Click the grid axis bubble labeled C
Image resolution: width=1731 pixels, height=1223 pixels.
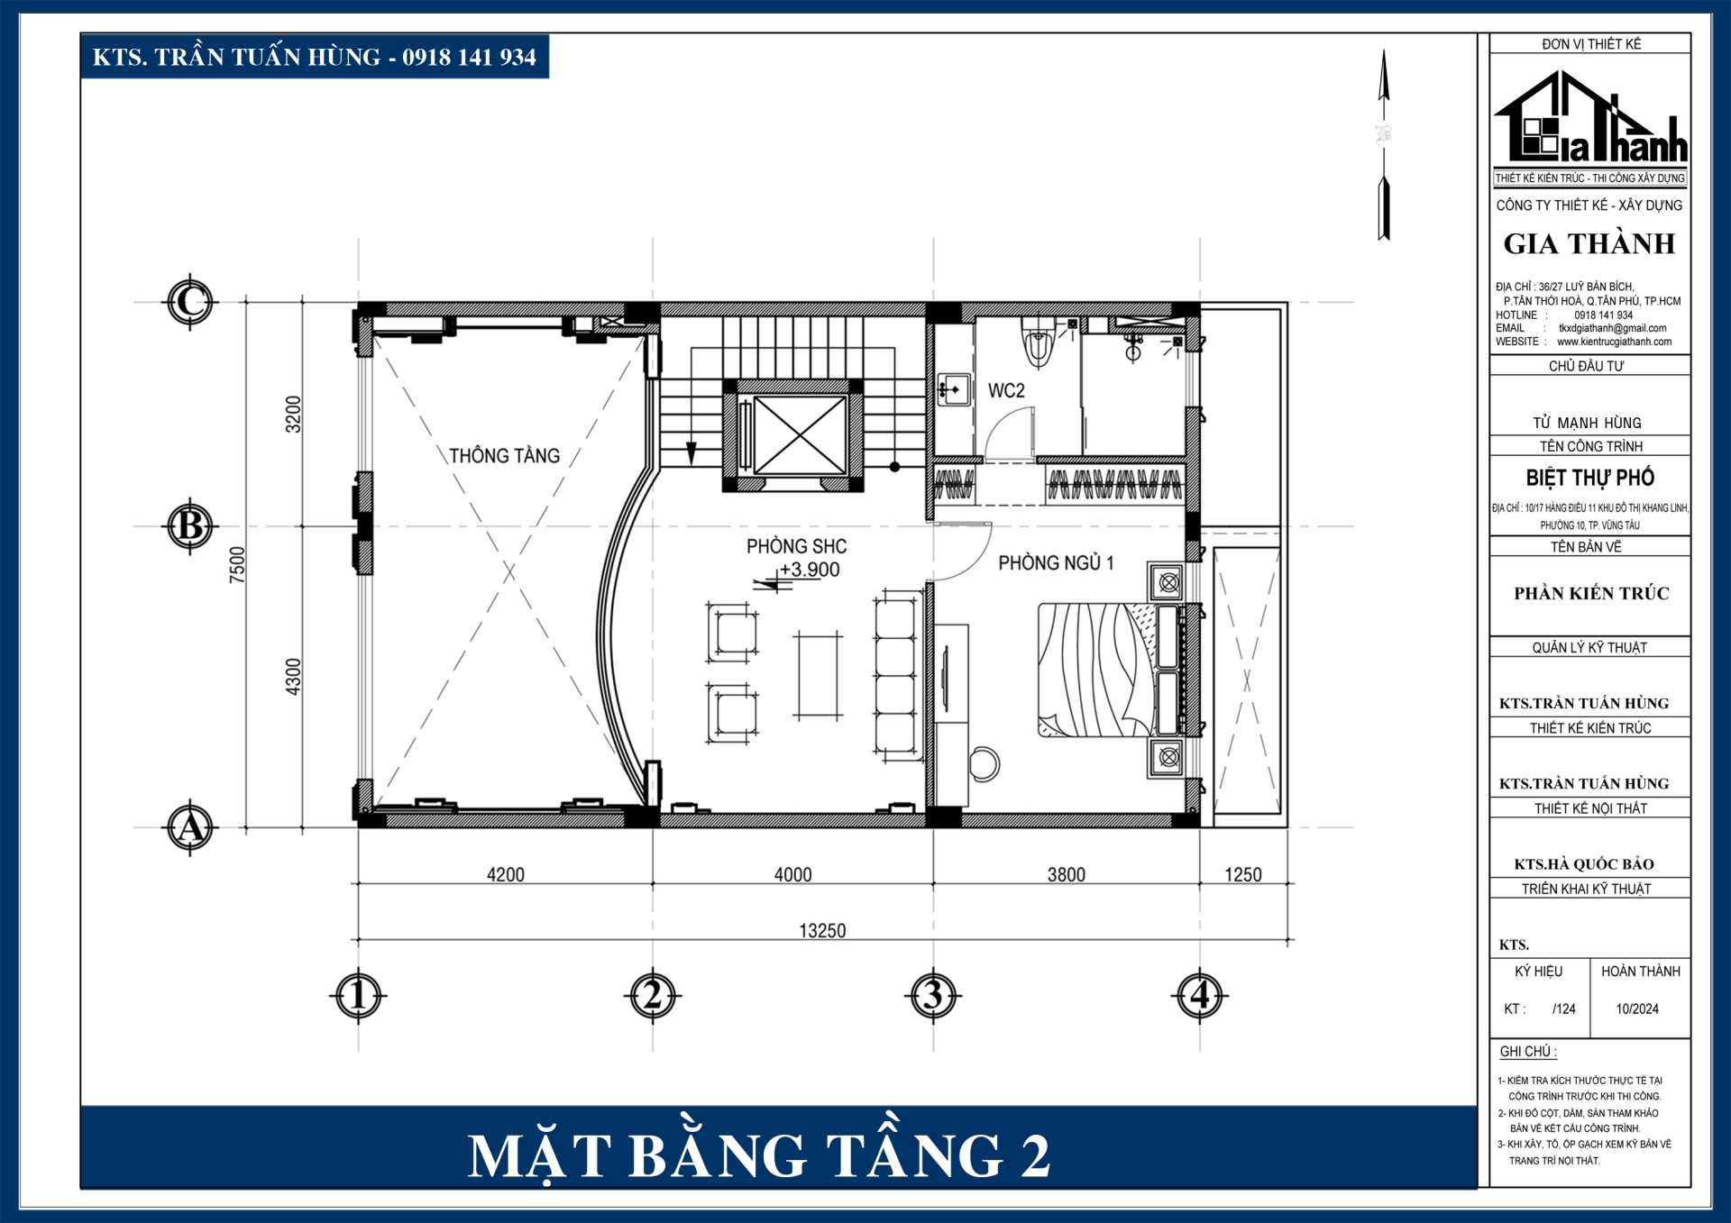[x=189, y=302]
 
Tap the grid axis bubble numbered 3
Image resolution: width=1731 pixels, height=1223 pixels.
[x=932, y=996]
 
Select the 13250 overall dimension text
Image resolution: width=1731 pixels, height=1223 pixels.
[x=822, y=930]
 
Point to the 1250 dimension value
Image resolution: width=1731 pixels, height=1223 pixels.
[x=1242, y=874]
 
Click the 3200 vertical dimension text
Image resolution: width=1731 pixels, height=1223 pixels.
[x=293, y=414]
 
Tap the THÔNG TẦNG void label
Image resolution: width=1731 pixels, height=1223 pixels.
[x=504, y=456]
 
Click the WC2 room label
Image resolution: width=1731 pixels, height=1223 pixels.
[x=1006, y=390]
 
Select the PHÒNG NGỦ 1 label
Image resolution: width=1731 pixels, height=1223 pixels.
[x=1056, y=563]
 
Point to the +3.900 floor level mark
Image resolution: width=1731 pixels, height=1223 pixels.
[x=809, y=570]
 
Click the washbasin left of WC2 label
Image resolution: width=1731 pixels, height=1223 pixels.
[x=954, y=389]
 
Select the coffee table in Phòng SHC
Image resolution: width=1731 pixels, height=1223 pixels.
[x=818, y=676]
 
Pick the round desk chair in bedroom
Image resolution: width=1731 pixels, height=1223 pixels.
[x=985, y=763]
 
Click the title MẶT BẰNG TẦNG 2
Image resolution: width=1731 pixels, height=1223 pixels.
[x=759, y=1155]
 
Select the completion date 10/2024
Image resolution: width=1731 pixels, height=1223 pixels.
[x=1637, y=1009]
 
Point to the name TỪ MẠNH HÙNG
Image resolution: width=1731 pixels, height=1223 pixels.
[x=1587, y=423]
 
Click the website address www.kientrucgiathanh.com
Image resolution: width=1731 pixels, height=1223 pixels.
[x=1614, y=342]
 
